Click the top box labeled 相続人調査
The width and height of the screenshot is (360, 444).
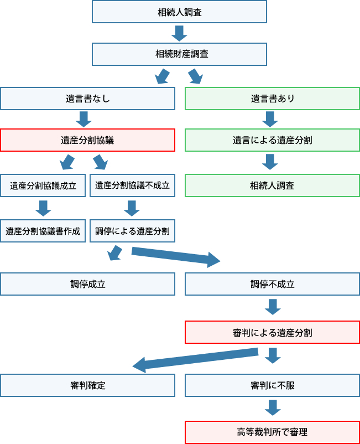click(179, 12)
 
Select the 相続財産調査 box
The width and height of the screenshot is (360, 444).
click(179, 54)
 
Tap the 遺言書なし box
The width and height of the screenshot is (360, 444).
click(87, 99)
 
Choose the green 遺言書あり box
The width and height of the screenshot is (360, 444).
click(272, 99)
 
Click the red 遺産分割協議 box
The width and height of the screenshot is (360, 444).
click(87, 140)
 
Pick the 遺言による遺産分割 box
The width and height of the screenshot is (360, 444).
click(272, 140)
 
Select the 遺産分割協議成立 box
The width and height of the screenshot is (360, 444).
click(43, 185)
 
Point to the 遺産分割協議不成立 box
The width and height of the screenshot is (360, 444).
click(132, 185)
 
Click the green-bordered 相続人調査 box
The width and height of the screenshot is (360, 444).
click(272, 185)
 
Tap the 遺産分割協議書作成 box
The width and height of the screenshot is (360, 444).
click(43, 231)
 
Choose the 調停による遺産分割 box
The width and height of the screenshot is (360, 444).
click(132, 231)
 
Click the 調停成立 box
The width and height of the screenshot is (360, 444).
click(87, 284)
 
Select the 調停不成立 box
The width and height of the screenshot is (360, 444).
click(272, 284)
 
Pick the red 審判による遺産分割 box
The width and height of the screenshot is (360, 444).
click(272, 333)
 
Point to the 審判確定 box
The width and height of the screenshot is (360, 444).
click(87, 385)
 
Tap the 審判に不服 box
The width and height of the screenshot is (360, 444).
click(272, 385)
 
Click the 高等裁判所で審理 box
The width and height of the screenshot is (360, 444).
click(272, 432)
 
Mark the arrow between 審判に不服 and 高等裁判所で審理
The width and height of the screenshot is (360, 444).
click(272, 408)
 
